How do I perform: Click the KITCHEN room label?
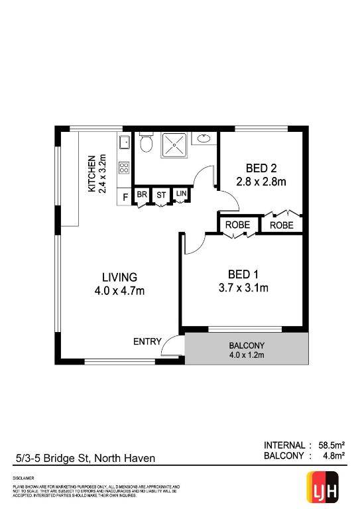point(91,174)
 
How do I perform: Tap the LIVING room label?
point(119,277)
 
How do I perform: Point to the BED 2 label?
point(261,168)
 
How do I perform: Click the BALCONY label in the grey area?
point(247,345)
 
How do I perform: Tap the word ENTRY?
point(147,342)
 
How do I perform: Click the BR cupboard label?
point(141,195)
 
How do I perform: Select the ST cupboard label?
point(161,195)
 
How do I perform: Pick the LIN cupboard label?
point(181,195)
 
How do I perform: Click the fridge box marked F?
point(124,197)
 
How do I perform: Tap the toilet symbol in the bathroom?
point(147,143)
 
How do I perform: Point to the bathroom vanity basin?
point(203,139)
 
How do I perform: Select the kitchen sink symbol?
point(123,142)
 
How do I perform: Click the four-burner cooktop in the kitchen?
point(123,168)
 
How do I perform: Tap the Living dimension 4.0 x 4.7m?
point(119,290)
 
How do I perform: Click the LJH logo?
point(323,486)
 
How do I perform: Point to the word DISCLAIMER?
point(24,478)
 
